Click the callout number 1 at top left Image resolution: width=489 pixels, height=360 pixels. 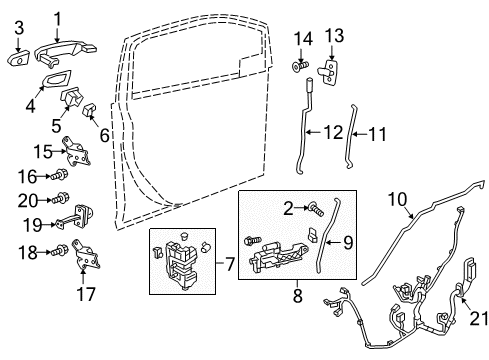(x=56, y=17)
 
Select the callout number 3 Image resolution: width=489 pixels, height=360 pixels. (x=18, y=40)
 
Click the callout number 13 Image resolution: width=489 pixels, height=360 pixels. (x=335, y=36)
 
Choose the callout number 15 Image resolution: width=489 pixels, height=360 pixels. (x=40, y=151)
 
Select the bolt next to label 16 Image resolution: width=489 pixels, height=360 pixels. (x=59, y=177)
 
